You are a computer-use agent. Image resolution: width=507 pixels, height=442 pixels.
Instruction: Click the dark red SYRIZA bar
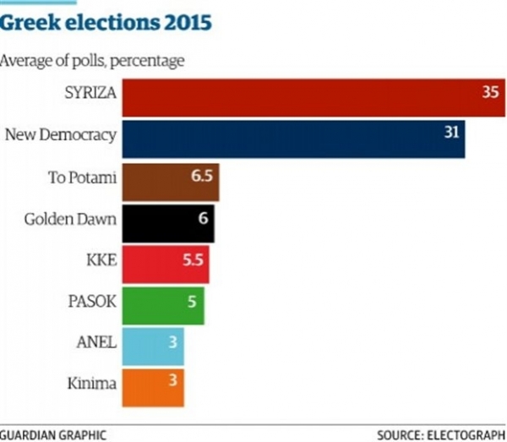coord(313,95)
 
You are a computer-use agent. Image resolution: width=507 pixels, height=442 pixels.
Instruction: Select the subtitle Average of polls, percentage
coord(93,61)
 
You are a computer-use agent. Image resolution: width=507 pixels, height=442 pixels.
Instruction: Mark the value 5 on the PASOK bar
coord(191,299)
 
